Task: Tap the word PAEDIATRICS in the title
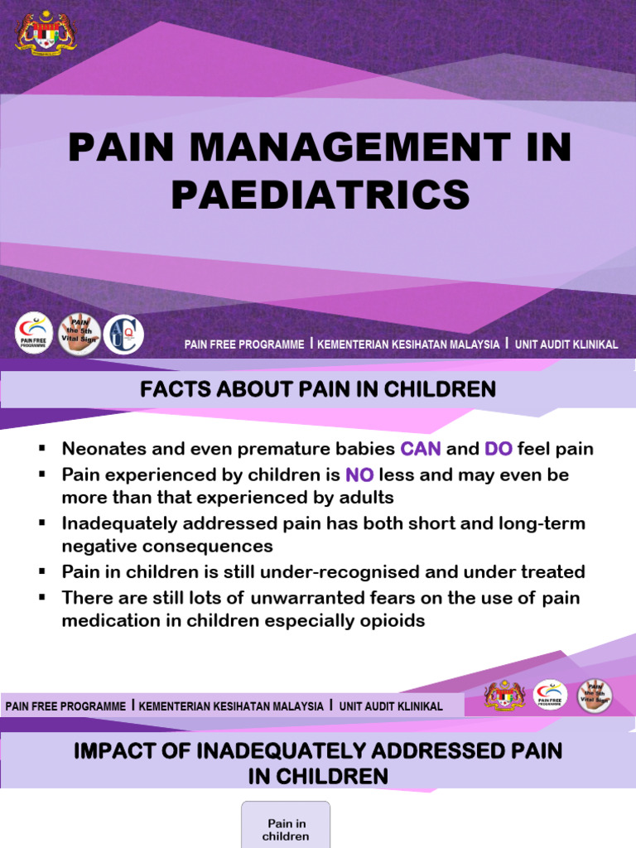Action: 320,195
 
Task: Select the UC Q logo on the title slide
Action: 123,335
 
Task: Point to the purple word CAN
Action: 421,450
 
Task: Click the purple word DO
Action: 499,450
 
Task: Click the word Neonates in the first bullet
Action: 101,450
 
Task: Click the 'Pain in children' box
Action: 286,828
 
